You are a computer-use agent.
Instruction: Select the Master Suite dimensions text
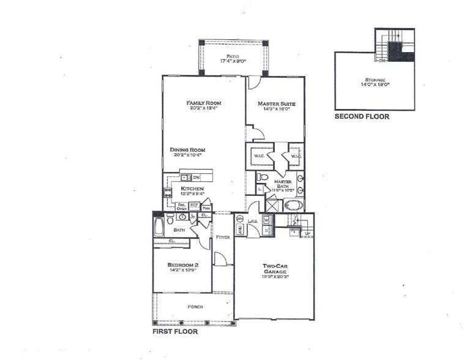pyautogui.click(x=274, y=110)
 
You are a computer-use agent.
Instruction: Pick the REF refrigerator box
pyautogui.click(x=193, y=205)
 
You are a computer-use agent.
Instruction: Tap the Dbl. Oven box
pyautogui.click(x=182, y=207)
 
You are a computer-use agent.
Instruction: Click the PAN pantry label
pyautogui.click(x=206, y=208)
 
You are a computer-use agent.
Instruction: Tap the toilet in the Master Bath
pyautogui.click(x=262, y=178)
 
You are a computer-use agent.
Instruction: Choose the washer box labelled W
pyautogui.click(x=267, y=220)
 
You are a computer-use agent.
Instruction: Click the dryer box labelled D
pyautogui.click(x=267, y=230)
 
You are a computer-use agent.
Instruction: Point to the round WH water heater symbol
pyautogui.click(x=240, y=219)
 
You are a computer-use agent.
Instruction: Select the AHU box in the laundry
pyautogui.click(x=241, y=230)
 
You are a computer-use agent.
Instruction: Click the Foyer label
pyautogui.click(x=223, y=237)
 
